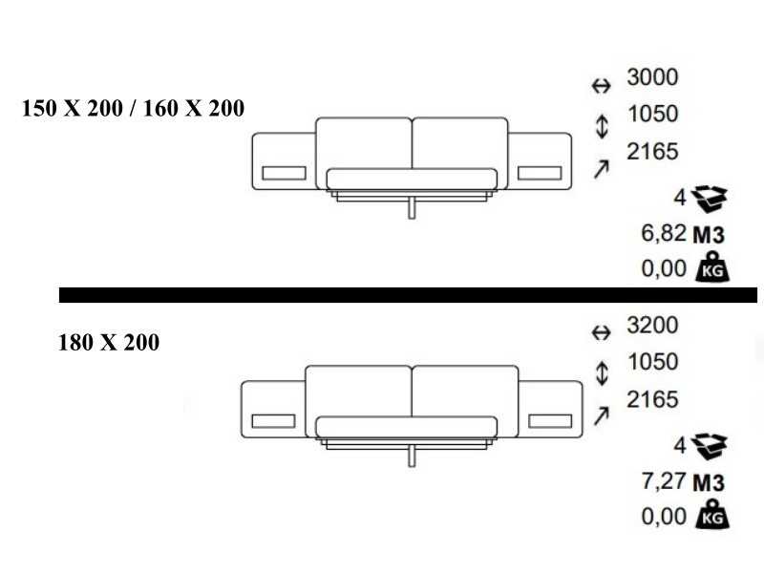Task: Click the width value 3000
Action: tap(652, 77)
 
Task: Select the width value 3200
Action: tap(652, 325)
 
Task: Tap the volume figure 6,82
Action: tap(664, 233)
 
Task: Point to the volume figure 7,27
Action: tap(664, 481)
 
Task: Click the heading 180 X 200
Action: tap(109, 342)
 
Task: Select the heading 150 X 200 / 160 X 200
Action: tap(133, 108)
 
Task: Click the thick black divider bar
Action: tap(409, 295)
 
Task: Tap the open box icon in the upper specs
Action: tap(710, 199)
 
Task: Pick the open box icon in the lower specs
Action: tap(710, 447)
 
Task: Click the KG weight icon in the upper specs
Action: tap(712, 266)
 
